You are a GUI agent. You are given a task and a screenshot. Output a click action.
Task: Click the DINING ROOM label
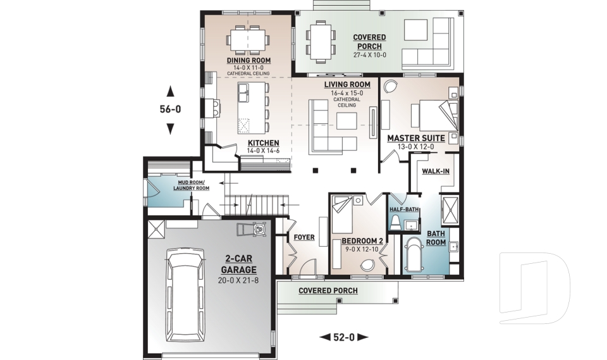click(x=248, y=61)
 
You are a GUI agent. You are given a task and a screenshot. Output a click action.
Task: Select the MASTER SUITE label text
click(x=416, y=139)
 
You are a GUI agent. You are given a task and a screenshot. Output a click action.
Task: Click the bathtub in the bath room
click(x=413, y=256)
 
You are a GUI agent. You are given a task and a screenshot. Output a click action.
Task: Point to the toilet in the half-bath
click(x=395, y=223)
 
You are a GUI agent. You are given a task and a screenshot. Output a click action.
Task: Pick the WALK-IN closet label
click(x=436, y=171)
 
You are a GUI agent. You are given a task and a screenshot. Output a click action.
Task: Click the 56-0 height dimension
click(x=170, y=109)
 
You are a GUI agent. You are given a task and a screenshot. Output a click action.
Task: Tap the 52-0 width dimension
click(x=344, y=337)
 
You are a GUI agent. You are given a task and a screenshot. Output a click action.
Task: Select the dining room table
click(x=248, y=40)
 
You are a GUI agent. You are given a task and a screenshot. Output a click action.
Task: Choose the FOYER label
click(x=304, y=237)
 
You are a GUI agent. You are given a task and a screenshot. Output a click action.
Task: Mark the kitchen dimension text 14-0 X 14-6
click(x=263, y=151)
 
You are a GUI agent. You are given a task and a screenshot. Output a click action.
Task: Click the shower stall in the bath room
click(x=450, y=211)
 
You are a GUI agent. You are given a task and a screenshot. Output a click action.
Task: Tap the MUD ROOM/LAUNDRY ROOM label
click(x=191, y=185)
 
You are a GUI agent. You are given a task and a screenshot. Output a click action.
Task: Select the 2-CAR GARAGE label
click(x=238, y=264)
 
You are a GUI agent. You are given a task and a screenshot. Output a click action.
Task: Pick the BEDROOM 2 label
click(x=362, y=242)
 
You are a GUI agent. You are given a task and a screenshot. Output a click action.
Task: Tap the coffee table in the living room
click(x=346, y=120)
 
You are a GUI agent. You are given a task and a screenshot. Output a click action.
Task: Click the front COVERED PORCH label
click(x=328, y=290)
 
